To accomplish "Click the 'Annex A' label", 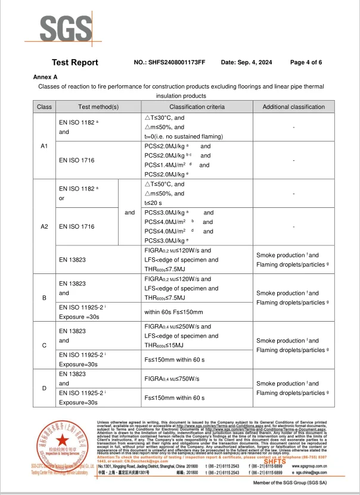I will click(x=45, y=77).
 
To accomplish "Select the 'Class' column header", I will click(x=44, y=107).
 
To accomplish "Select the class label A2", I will click(x=44, y=227).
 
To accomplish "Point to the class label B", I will click(x=44, y=298).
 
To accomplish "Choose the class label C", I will click(x=44, y=345).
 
